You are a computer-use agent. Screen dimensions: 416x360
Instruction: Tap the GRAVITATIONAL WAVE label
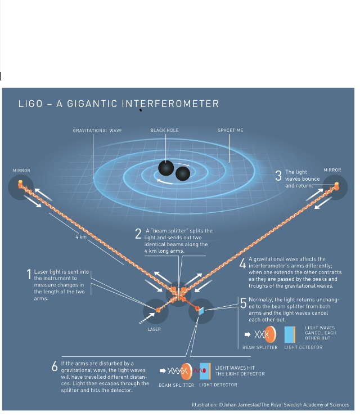97,131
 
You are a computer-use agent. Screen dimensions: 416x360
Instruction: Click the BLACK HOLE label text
164,131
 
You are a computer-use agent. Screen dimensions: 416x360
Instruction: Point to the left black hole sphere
166,168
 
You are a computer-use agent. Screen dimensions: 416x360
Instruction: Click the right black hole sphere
183,173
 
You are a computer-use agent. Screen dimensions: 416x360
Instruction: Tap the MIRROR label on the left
21,170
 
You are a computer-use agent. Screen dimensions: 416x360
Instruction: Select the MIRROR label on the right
332,170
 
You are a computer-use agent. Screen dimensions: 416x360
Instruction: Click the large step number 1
29,274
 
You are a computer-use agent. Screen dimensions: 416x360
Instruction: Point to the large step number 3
278,176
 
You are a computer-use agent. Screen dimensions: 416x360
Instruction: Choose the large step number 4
242,263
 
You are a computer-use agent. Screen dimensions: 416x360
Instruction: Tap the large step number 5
243,303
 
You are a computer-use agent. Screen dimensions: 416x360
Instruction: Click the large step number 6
55,366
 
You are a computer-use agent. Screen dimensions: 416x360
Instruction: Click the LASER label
154,329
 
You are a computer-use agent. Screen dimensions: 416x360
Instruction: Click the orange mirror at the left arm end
21,184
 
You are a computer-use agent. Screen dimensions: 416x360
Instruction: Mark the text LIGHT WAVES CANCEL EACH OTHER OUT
320,333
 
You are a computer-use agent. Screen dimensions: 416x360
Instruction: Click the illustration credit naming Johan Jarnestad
270,405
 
